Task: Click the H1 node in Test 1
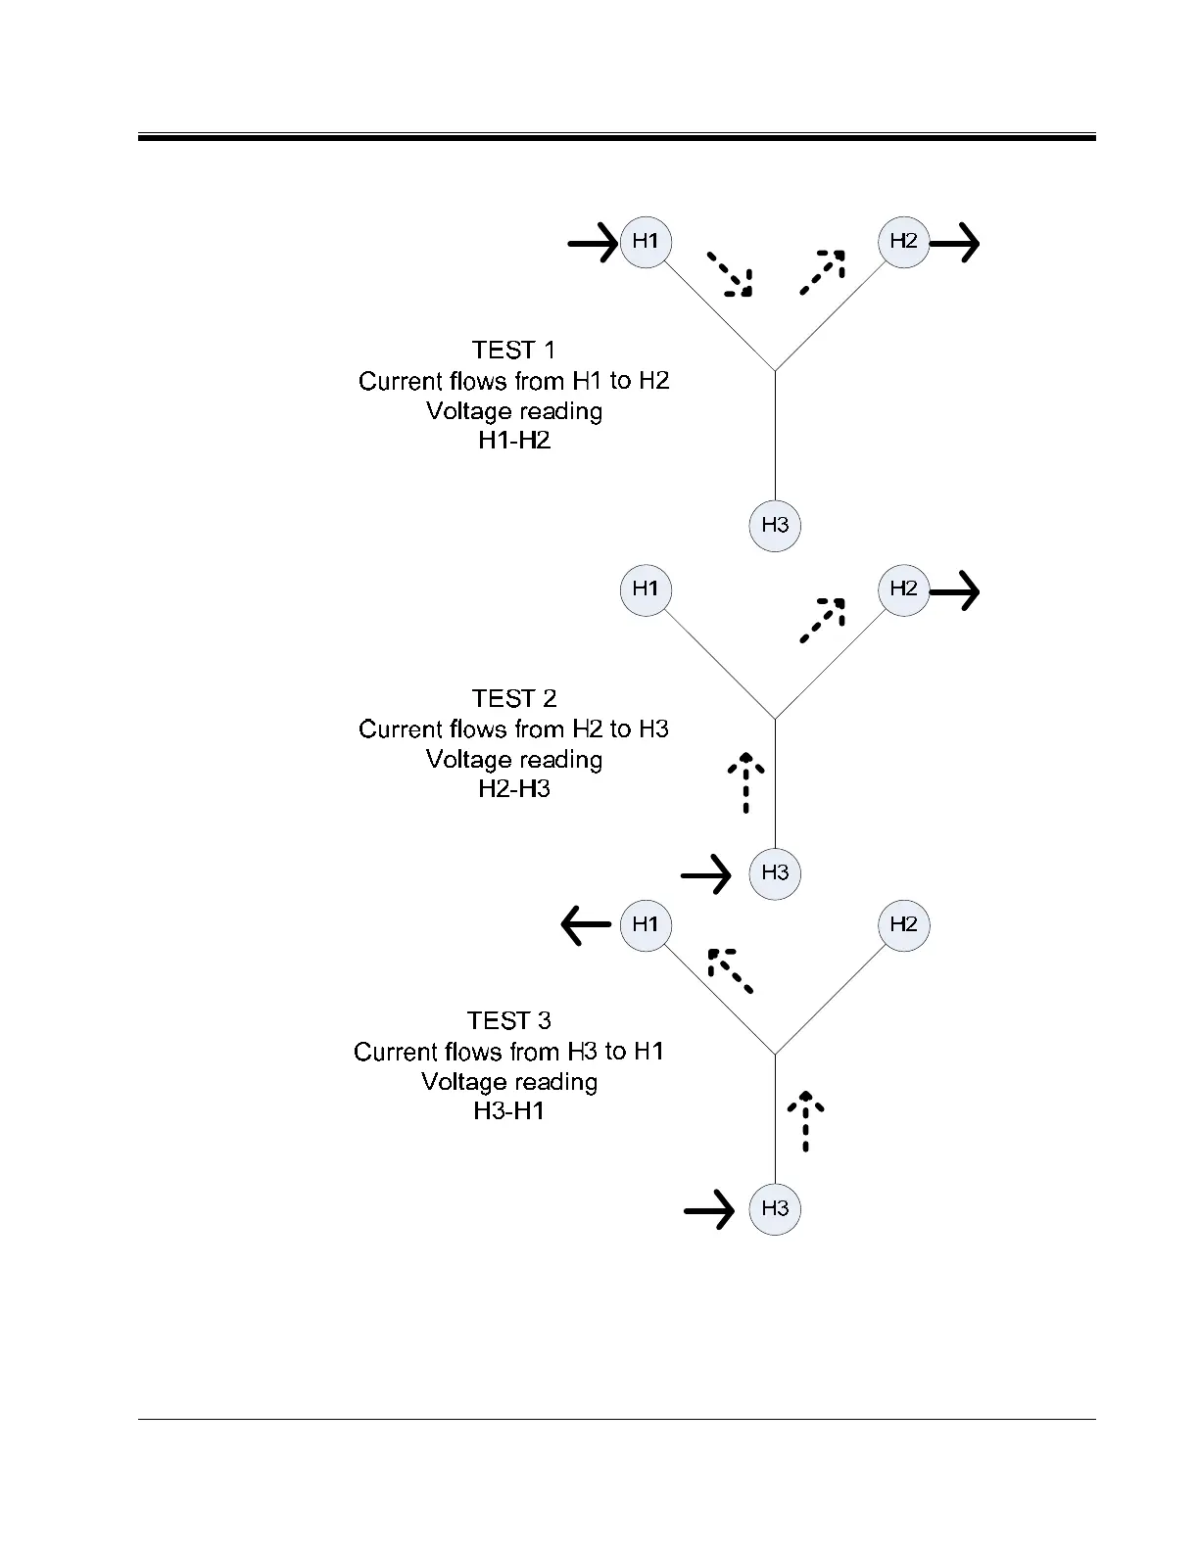click(646, 241)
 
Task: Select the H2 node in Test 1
click(903, 241)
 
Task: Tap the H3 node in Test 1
click(775, 525)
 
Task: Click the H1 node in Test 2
click(646, 588)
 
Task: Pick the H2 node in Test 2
click(903, 588)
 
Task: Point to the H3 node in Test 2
click(775, 872)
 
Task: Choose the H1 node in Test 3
click(646, 924)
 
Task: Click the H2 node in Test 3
click(903, 924)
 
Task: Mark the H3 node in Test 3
click(775, 1208)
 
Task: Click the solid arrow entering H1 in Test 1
click(594, 241)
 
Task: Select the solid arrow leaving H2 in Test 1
click(954, 242)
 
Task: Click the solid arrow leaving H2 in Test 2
click(954, 590)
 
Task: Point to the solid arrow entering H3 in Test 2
click(706, 873)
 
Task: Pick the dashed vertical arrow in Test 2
click(746, 782)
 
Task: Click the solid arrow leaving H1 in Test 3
click(587, 924)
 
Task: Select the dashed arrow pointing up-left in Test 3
click(730, 970)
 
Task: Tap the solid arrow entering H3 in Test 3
click(709, 1210)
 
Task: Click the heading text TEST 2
click(514, 698)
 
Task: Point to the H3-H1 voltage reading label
click(509, 1111)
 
